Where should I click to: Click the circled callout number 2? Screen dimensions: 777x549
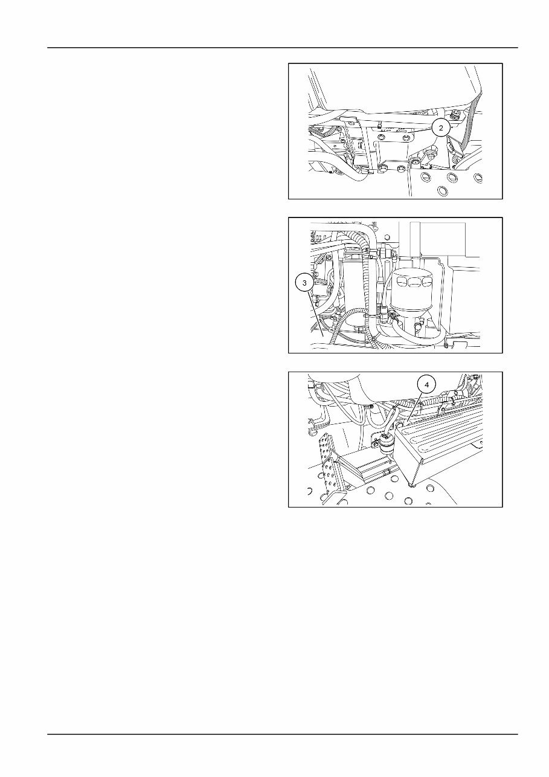[x=441, y=128]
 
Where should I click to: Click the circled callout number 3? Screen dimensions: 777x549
[x=305, y=282]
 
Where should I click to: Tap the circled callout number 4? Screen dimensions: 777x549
[x=427, y=384]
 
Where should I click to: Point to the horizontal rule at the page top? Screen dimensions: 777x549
[x=283, y=47]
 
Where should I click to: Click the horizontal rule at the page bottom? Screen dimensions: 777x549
[x=283, y=735]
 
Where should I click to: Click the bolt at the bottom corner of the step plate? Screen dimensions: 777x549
[x=411, y=484]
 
